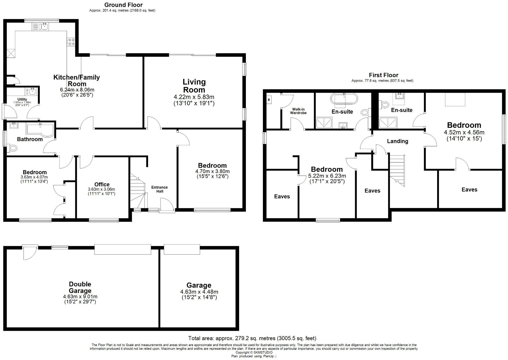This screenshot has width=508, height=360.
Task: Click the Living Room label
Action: click(x=194, y=86)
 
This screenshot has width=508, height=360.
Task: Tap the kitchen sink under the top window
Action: click(x=40, y=27)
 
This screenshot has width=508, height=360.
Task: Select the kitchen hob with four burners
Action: click(x=71, y=42)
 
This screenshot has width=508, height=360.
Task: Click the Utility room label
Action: click(x=22, y=99)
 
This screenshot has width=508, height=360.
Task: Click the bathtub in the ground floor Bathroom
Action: click(x=40, y=130)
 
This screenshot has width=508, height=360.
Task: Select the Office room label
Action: click(x=102, y=184)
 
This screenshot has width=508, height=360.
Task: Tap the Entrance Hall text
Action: click(x=159, y=189)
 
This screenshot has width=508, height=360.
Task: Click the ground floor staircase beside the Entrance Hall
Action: click(x=137, y=191)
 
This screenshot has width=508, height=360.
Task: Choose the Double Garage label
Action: click(x=80, y=287)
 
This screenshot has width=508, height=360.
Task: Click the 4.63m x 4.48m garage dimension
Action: click(x=199, y=292)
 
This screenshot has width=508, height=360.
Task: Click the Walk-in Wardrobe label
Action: click(x=298, y=111)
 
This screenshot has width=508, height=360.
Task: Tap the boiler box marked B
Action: click(x=269, y=100)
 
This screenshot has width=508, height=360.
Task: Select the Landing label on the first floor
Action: click(x=397, y=141)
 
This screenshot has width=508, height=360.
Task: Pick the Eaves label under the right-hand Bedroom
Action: click(x=469, y=190)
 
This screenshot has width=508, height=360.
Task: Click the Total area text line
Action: click(x=252, y=338)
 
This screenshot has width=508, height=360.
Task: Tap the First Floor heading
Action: click(x=383, y=75)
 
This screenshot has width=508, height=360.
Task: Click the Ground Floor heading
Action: click(x=123, y=5)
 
